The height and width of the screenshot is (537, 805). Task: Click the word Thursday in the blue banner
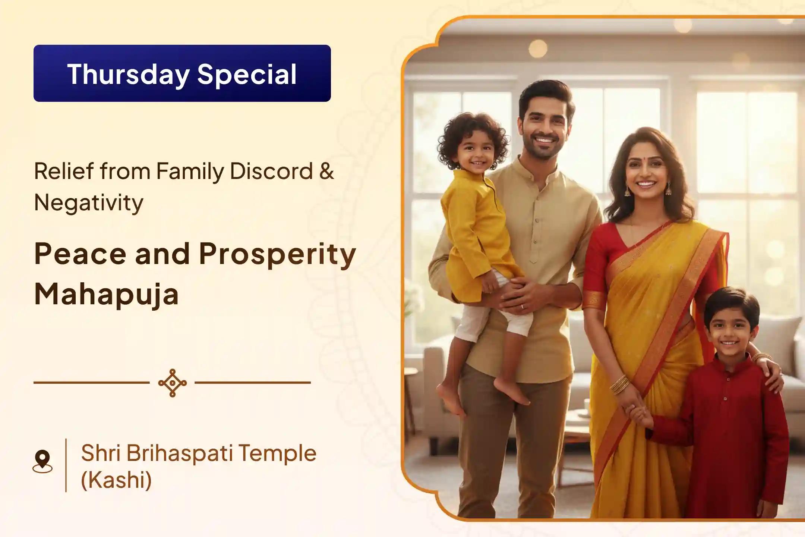click(x=129, y=74)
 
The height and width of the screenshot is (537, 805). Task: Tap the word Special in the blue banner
click(x=247, y=74)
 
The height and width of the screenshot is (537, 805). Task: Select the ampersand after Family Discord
click(x=326, y=171)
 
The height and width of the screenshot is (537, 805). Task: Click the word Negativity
click(x=89, y=203)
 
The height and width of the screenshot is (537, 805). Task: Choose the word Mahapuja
click(x=107, y=295)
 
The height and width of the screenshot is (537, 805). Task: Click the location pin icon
click(x=42, y=462)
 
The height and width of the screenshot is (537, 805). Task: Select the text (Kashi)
click(x=116, y=480)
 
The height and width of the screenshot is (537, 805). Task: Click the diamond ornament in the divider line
click(x=172, y=383)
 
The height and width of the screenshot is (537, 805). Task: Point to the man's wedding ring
click(x=521, y=306)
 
